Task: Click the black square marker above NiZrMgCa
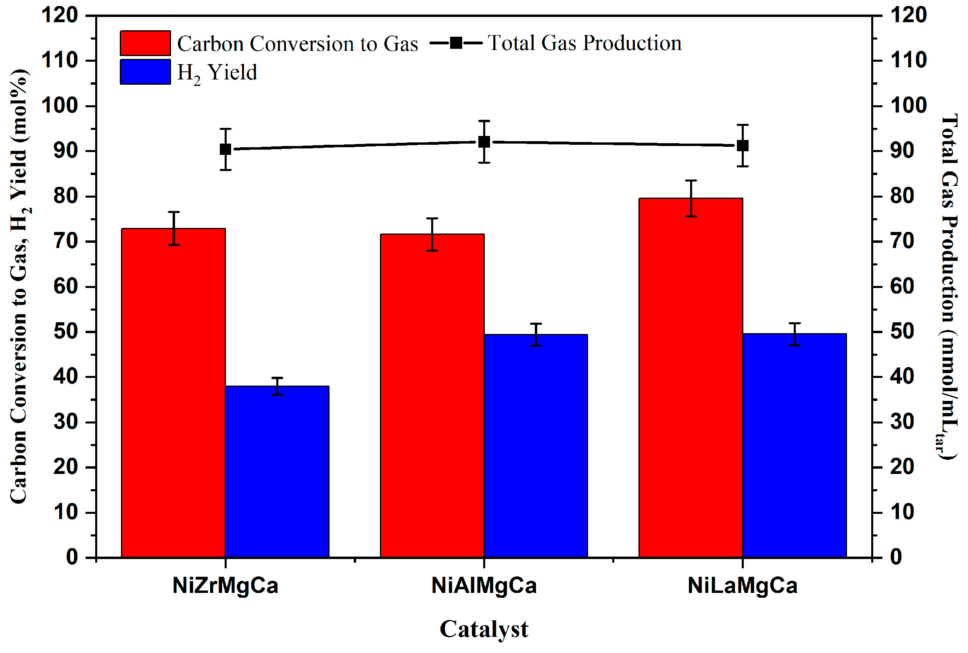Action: point(225,149)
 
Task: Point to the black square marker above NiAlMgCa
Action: point(484,142)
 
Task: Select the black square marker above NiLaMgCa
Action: point(743,146)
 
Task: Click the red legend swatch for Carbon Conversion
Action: point(145,43)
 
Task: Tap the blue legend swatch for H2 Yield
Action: point(145,72)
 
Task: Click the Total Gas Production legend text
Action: point(584,43)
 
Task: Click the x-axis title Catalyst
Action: point(484,628)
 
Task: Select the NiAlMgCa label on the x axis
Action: point(484,585)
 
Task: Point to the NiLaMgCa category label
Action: point(743,585)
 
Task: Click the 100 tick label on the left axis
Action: point(59,105)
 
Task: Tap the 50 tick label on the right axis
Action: point(902,332)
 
